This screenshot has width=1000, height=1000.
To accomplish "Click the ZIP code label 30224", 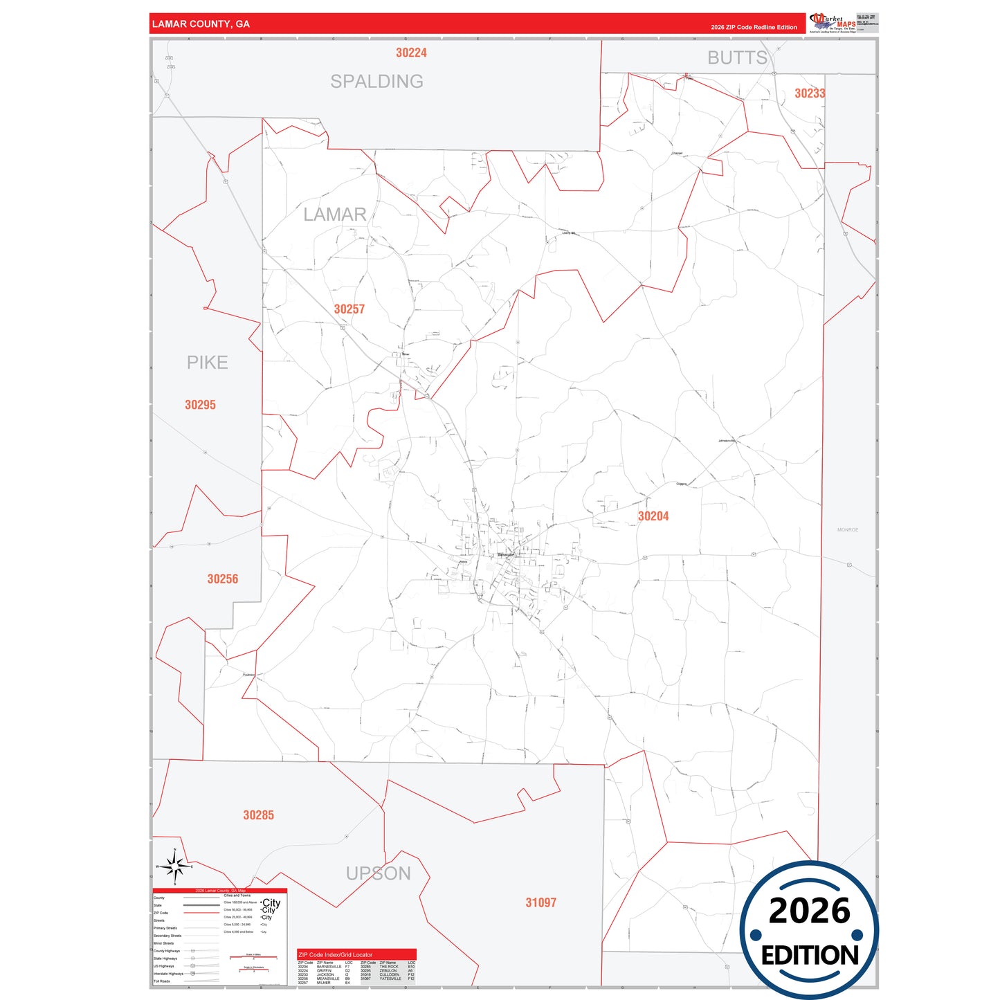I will pos(411,53).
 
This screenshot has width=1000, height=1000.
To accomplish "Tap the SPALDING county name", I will pos(376,82).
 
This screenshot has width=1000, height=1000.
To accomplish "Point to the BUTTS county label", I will pos(737,58).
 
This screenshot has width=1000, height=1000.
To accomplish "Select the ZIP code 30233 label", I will pos(810,93).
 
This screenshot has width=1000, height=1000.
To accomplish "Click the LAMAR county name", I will pos(335,215).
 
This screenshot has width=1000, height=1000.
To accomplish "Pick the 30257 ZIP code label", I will pos(349,309).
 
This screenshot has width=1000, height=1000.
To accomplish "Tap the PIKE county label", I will pos(207,363).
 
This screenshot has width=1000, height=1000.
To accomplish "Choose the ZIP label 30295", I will pos(200,405).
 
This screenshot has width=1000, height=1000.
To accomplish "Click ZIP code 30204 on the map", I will pos(653,516).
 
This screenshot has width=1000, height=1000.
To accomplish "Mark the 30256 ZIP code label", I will pos(222,579).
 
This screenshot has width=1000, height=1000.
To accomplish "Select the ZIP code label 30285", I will pos(258,815).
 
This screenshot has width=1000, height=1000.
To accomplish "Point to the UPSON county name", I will pos(379,874).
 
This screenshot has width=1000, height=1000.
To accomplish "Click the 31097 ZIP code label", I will pos(540,902).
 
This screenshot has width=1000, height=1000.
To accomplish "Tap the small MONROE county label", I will pos(848,530).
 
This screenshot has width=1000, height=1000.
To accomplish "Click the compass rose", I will pos(175,866).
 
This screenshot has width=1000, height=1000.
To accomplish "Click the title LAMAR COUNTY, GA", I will pos(201,24).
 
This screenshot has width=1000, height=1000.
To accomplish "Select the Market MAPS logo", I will pos(833,23).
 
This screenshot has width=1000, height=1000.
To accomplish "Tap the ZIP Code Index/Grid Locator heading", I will pos(335,954).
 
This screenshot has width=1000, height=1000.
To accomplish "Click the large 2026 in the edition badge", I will pos(809,911).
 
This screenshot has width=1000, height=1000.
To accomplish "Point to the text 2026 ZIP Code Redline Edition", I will pos(754,28).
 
